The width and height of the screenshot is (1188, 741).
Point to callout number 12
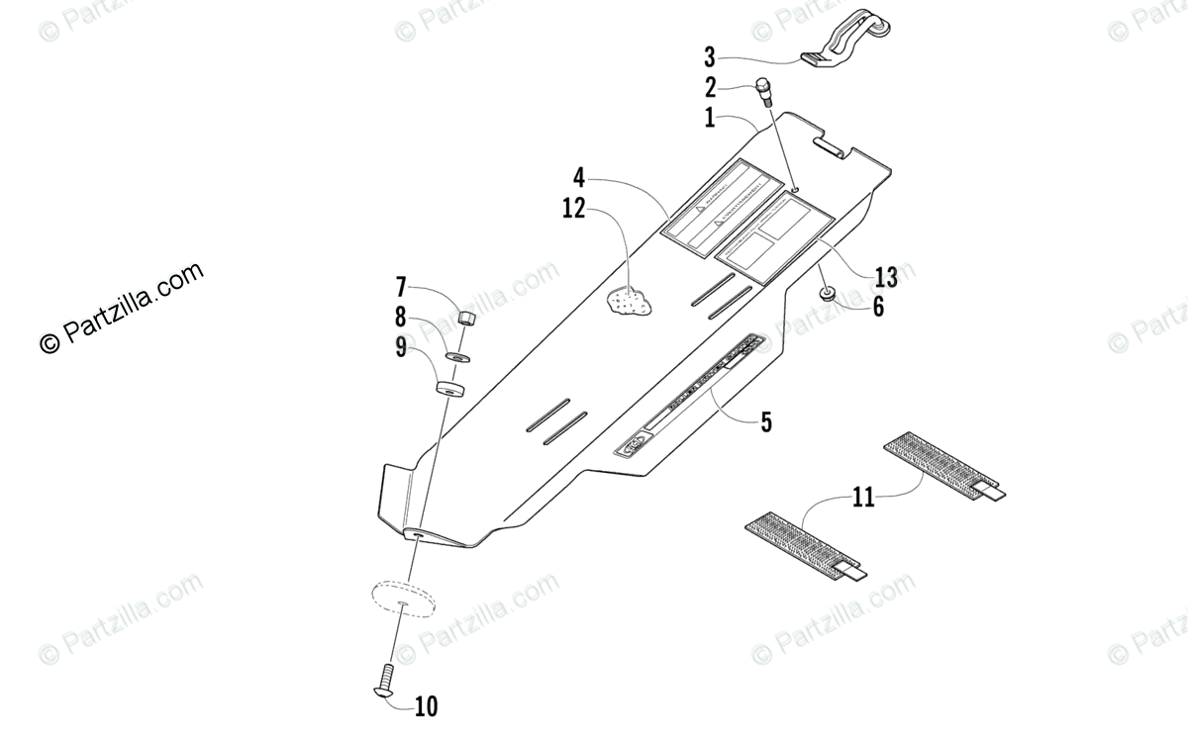click(575, 209)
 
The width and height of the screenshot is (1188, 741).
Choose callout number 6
click(877, 307)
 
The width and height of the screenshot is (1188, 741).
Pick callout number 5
click(766, 422)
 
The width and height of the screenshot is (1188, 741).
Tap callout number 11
click(864, 497)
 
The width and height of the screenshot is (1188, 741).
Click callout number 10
click(426, 705)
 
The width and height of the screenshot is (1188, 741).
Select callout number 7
click(401, 289)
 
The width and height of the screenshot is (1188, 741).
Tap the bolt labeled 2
click(766, 90)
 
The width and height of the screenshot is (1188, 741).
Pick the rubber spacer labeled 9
click(450, 385)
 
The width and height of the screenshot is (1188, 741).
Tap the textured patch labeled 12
click(629, 301)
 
